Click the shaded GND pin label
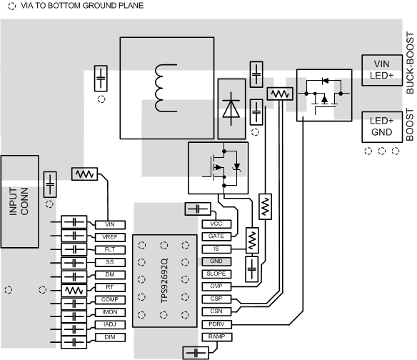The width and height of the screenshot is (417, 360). coord(216,261)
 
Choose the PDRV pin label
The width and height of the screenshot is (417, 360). coord(216,324)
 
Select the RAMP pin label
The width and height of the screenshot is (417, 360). coord(216,336)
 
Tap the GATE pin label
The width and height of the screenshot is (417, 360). coord(216,236)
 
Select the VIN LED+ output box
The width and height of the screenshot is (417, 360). coord(382,70)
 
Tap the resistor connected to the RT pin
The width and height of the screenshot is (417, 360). coord(74,291)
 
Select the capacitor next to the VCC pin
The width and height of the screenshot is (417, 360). coord(198,209)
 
